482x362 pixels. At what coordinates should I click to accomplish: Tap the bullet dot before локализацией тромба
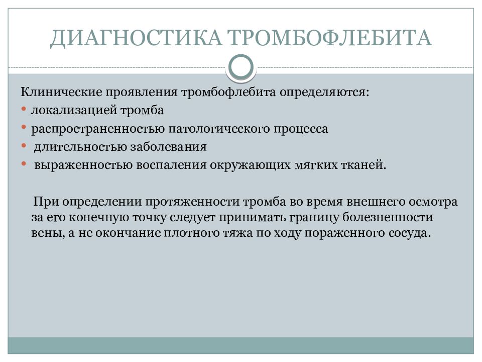[25, 110]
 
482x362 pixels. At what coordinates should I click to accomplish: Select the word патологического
[216, 129]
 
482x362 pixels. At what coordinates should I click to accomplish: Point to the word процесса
[301, 129]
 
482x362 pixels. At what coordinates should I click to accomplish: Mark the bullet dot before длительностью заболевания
[25, 146]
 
